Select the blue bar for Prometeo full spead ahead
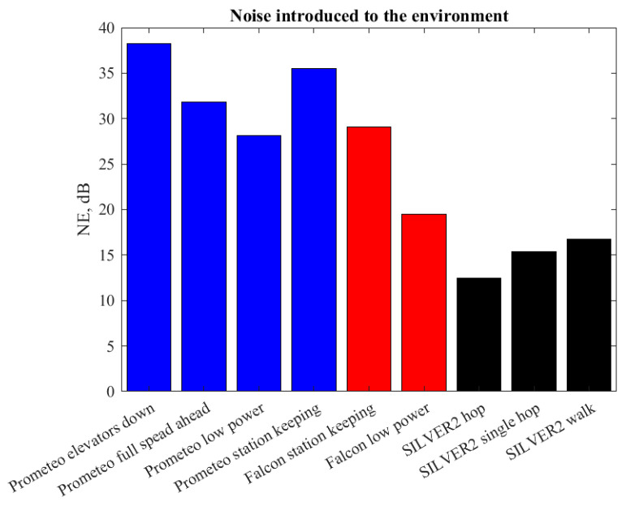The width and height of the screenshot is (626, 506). click(x=204, y=247)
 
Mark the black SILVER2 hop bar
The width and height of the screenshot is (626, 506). click(x=479, y=334)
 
